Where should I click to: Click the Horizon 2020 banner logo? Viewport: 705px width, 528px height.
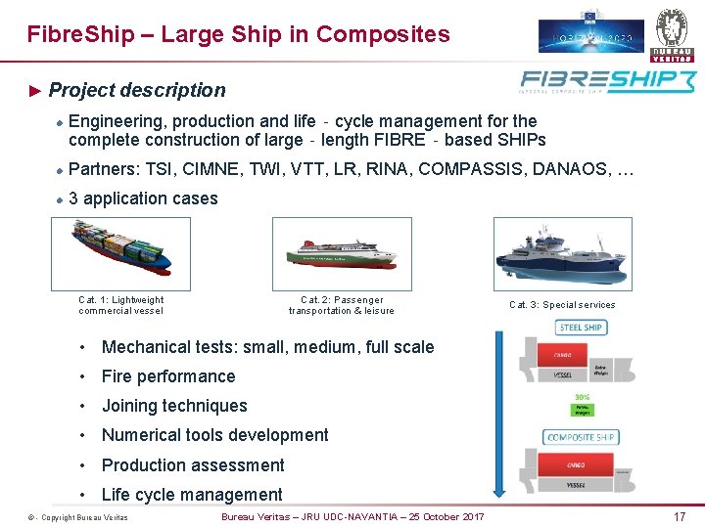[591, 30]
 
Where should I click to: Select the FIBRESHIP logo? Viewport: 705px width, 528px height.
[606, 81]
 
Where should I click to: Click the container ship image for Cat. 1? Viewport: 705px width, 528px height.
[120, 253]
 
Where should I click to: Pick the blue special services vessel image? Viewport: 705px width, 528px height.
[562, 253]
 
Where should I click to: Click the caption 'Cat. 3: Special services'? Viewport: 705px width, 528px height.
[562, 305]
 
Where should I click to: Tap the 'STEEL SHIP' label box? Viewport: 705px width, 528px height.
[582, 328]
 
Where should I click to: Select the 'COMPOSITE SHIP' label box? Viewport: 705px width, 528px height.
[582, 437]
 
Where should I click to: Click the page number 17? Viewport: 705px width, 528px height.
[680, 516]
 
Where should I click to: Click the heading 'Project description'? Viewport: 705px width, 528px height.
[137, 90]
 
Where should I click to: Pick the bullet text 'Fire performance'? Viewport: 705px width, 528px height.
[168, 376]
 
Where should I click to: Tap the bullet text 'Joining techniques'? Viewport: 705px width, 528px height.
[174, 406]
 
